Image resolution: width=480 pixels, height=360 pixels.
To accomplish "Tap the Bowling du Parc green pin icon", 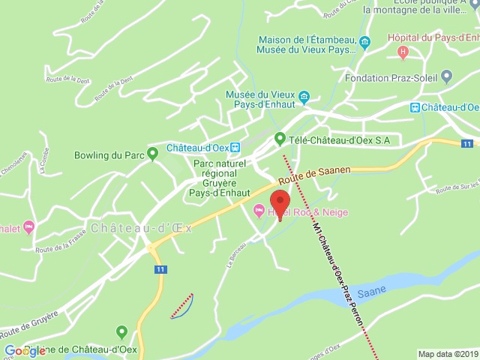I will (152, 155).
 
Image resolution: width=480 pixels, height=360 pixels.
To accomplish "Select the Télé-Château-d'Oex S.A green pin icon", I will (280, 139).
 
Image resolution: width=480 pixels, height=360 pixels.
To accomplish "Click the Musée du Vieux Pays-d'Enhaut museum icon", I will (304, 97).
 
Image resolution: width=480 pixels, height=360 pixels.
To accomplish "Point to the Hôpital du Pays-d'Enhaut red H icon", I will (403, 52).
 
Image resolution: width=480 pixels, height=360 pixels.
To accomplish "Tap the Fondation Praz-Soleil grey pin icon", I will (447, 77).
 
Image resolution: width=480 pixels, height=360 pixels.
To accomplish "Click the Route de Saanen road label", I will (314, 176).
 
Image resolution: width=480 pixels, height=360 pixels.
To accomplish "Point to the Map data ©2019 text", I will (447, 354).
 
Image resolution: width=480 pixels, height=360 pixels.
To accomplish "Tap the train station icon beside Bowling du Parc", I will (235, 147).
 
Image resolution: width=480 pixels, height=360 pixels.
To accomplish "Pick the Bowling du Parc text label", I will (109, 156).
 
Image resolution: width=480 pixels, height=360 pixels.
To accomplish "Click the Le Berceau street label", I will (236, 255).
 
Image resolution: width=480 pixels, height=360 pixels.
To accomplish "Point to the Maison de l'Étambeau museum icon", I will (364, 42).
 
